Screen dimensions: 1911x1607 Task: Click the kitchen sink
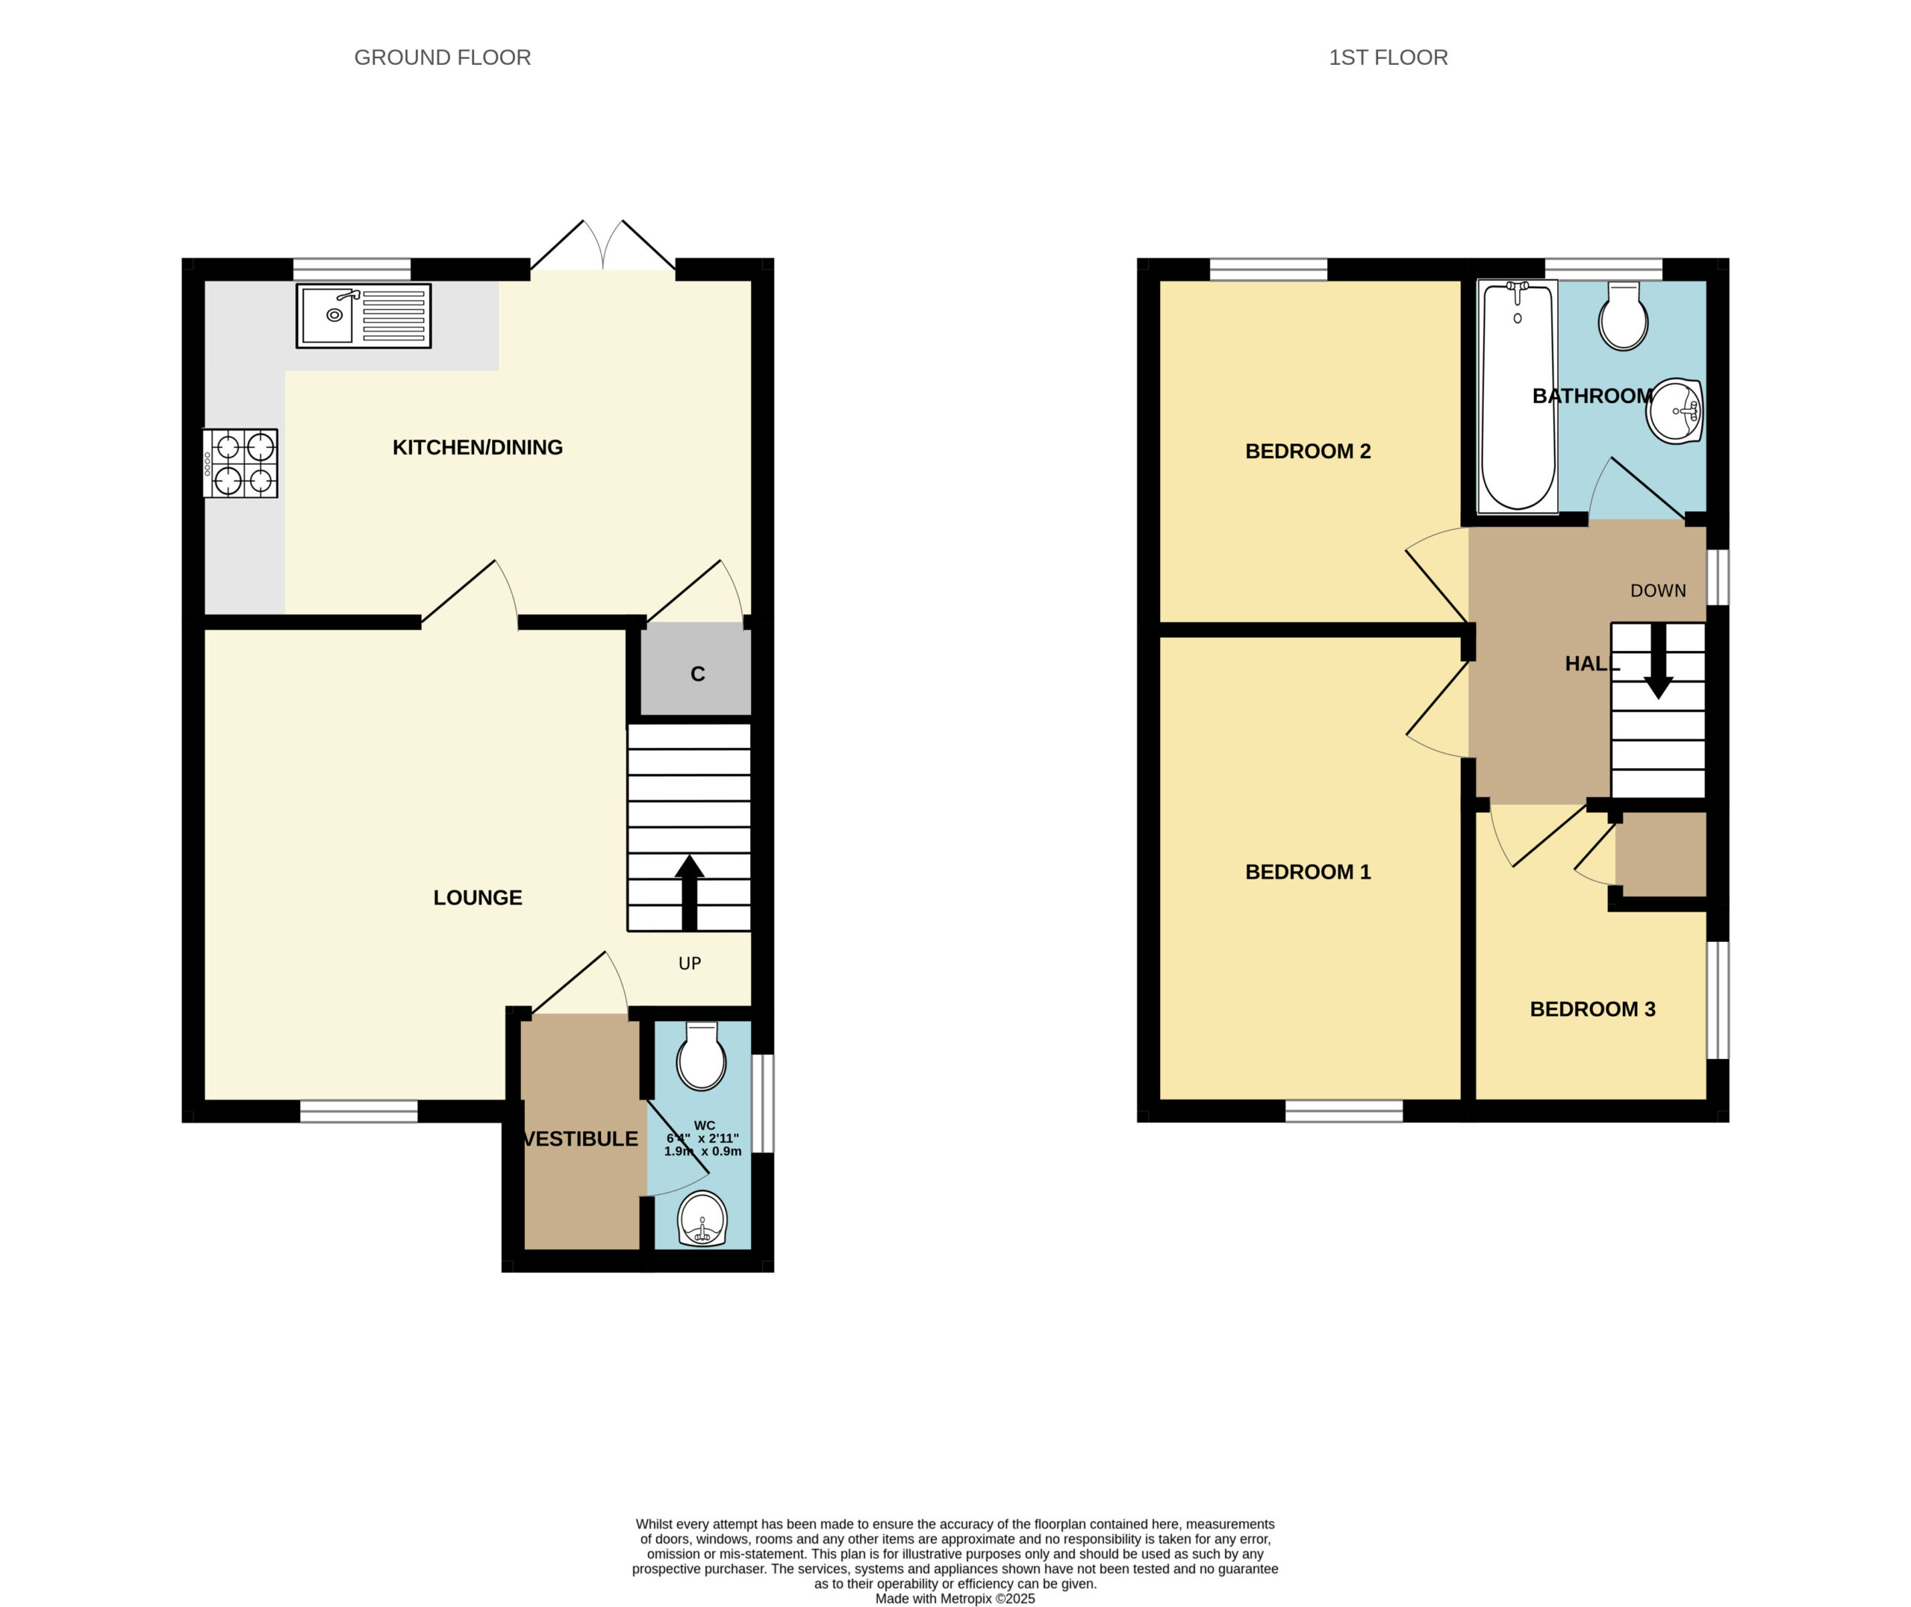[364, 316]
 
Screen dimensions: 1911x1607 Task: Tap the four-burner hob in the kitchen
[240, 464]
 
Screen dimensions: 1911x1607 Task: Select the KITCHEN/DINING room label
[477, 447]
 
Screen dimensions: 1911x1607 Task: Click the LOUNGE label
[477, 897]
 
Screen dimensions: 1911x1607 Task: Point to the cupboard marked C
[696, 673]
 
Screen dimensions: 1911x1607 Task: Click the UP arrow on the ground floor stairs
[690, 893]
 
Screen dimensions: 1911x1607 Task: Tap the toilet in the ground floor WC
[702, 1057]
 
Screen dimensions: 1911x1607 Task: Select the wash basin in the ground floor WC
[702, 1219]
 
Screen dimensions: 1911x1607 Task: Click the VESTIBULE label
[580, 1139]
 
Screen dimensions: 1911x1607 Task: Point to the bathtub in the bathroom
[1518, 397]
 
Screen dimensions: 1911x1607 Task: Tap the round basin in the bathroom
[1674, 411]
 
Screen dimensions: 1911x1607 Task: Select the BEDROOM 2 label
[1307, 451]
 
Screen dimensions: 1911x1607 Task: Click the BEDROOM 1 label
[1307, 872]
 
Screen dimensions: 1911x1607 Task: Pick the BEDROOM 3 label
[1592, 1009]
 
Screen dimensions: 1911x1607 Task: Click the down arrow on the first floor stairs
[1658, 661]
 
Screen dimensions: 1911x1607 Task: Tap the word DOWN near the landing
[1658, 590]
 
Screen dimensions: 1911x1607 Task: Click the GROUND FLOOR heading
[442, 57]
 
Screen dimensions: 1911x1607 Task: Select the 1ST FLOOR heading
[1388, 57]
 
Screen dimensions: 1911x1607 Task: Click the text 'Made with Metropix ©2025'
[955, 1598]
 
